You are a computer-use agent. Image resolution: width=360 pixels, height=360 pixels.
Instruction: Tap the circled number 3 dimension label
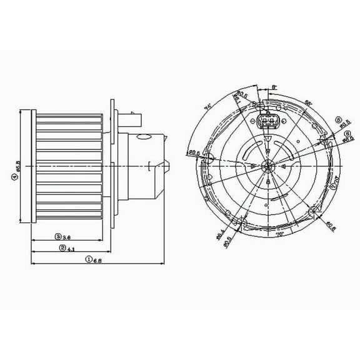[x=57, y=237]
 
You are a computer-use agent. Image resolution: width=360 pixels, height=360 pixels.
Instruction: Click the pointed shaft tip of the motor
[x=169, y=166]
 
